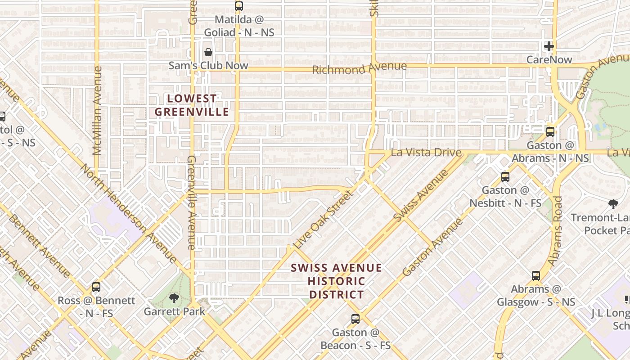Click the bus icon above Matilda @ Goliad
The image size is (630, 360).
click(239, 6)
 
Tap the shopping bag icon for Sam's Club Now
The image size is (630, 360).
click(208, 52)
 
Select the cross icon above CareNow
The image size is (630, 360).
click(549, 46)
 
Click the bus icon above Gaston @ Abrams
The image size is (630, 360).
click(550, 132)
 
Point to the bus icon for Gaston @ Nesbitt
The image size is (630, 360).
click(505, 177)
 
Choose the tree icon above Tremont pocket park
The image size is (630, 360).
click(613, 204)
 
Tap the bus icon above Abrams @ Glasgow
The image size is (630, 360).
click(536, 276)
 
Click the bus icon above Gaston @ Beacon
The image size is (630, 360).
click(355, 319)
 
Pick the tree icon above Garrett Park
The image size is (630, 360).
click(174, 298)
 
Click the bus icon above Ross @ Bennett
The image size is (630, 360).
click(96, 287)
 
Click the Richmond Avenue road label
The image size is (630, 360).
click(359, 68)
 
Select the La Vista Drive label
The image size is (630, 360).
click(426, 152)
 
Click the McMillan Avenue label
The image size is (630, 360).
click(97, 111)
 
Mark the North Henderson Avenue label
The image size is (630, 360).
click(129, 213)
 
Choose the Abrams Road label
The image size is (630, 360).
click(555, 229)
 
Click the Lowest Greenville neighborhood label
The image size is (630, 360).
click(192, 105)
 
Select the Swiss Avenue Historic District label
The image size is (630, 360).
click(336, 281)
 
